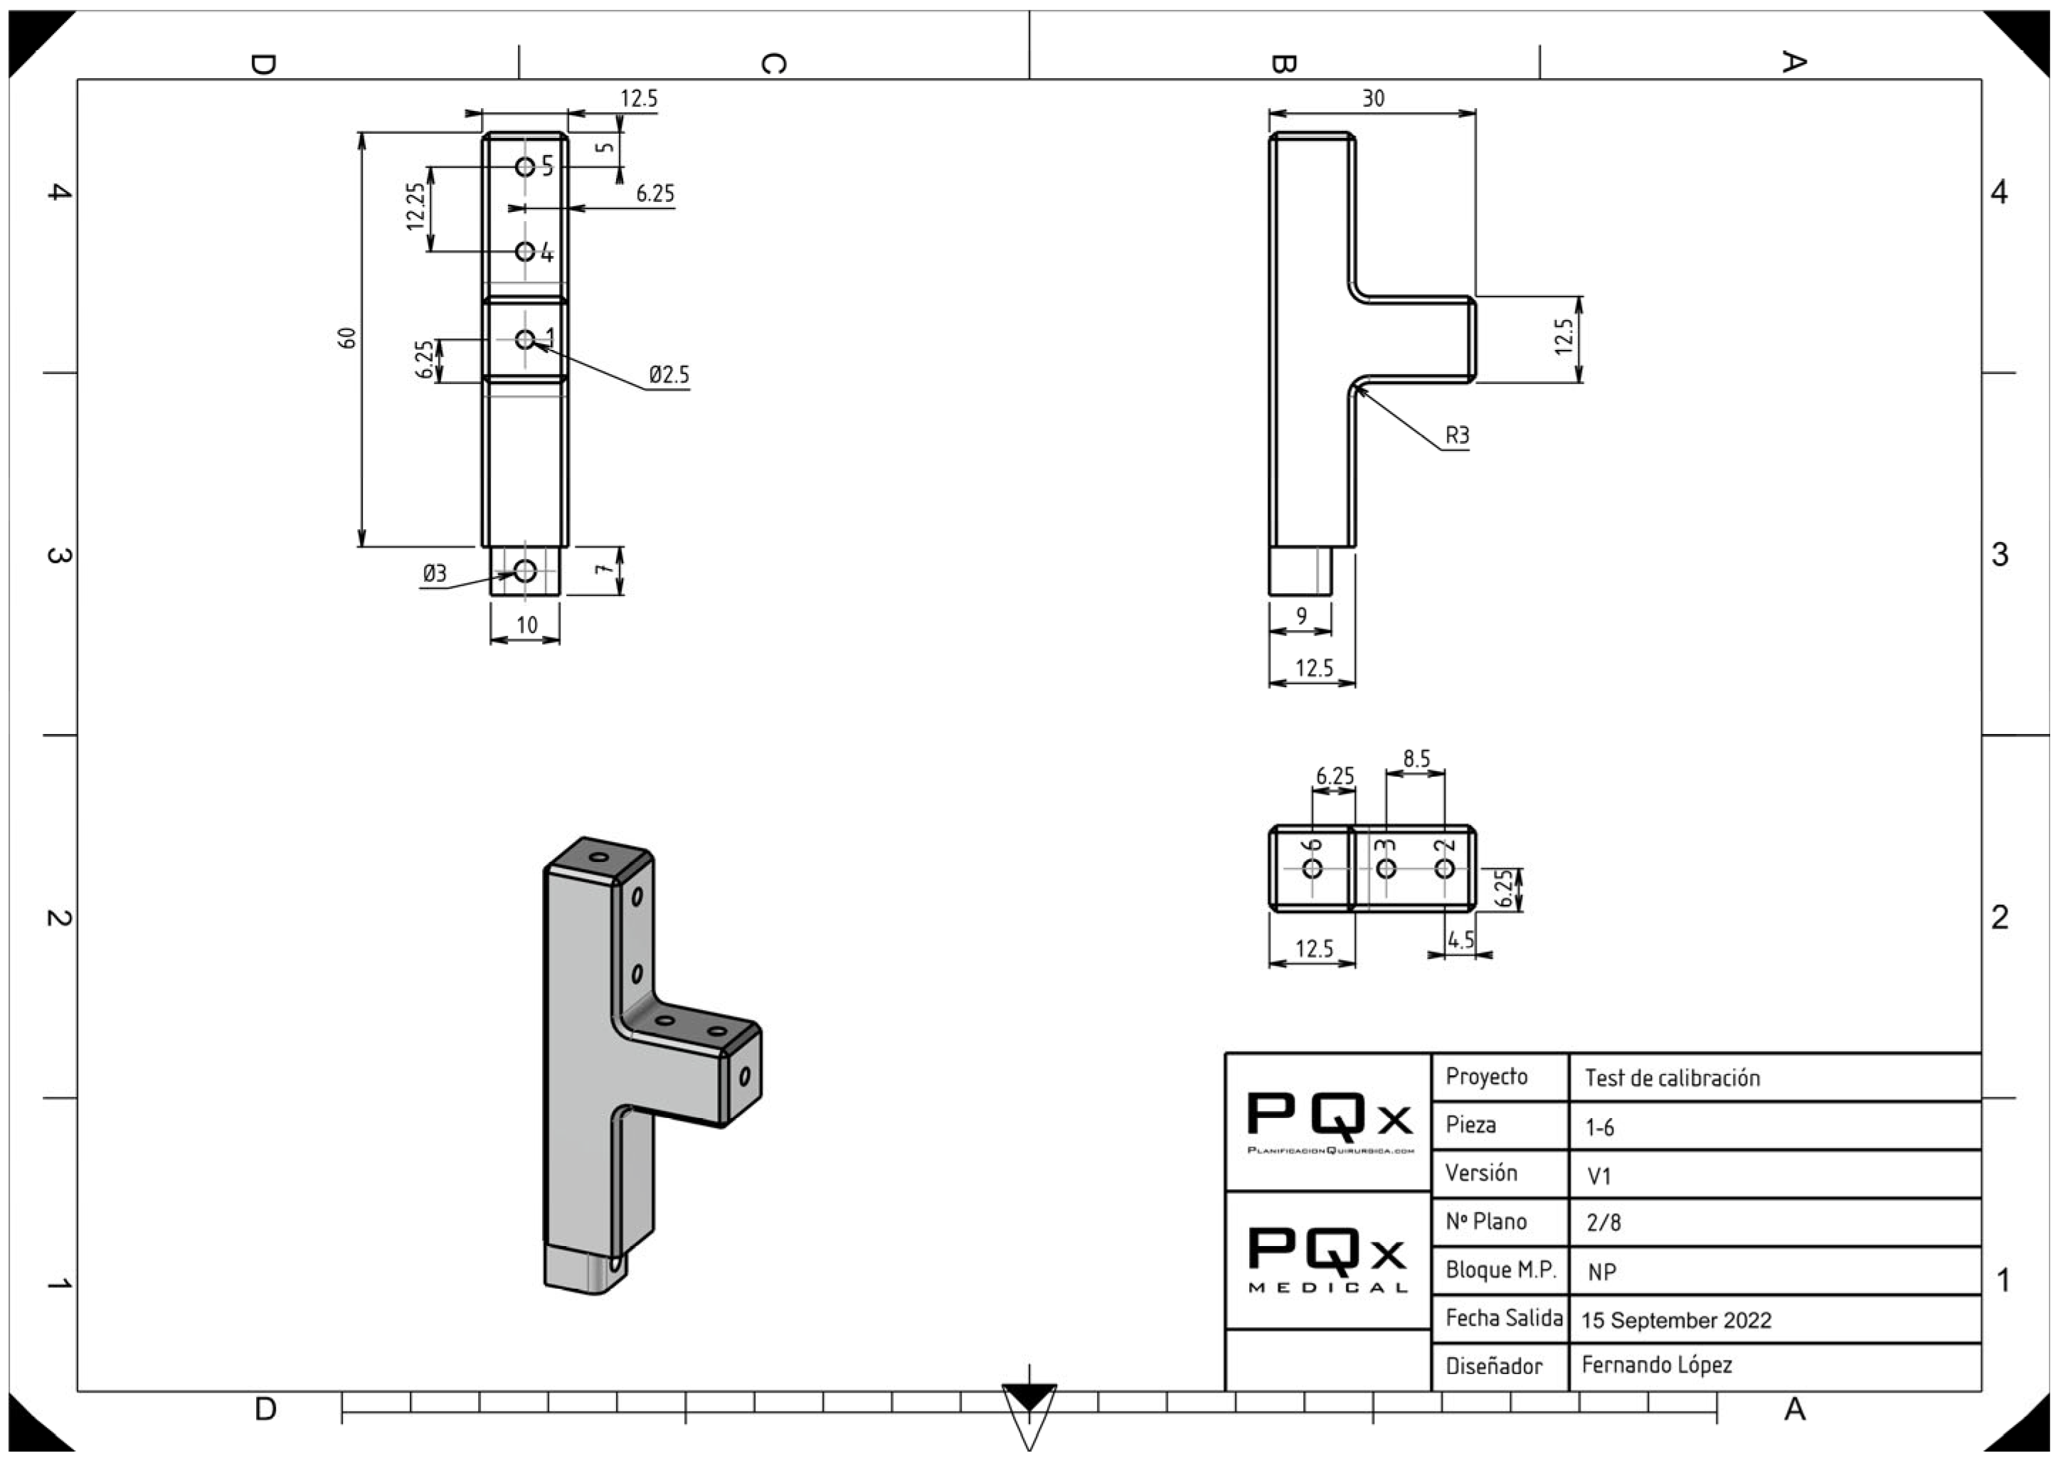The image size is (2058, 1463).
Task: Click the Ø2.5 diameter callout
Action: pos(669,375)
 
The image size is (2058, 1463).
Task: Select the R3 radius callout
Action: pos(1457,436)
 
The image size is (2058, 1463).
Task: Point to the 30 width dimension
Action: pos(1372,98)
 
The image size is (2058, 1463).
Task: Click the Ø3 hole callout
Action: pos(435,574)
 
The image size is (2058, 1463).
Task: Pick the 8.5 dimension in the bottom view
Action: pos(1416,760)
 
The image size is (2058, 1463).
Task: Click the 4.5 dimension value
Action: pos(1460,940)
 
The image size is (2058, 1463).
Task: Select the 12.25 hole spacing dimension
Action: pos(415,206)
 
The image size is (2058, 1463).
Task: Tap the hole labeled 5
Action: pos(525,166)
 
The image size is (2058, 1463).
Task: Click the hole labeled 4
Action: pos(525,251)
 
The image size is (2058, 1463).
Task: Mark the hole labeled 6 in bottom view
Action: pos(1312,868)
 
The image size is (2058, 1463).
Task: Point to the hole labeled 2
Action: pos(1444,868)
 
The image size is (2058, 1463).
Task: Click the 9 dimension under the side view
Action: pos(1301,616)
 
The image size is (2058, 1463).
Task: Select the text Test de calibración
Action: pos(1672,1078)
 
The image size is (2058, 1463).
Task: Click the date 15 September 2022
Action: pos(1676,1321)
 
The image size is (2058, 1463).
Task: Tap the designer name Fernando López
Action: pos(1656,1365)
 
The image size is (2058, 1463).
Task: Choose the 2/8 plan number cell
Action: pos(1603,1223)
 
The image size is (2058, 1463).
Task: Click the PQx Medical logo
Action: pos(1328,1260)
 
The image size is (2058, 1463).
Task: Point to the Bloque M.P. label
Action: pos(1500,1270)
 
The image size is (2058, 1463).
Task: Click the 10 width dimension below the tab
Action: pos(526,625)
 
